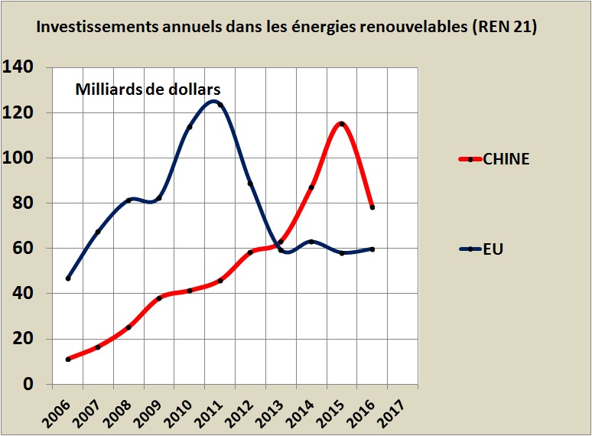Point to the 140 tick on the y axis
(18, 67)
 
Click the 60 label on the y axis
(24, 249)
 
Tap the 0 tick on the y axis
(29, 384)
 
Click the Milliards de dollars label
(148, 89)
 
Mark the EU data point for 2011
(220, 105)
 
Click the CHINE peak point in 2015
(342, 124)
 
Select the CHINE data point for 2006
(68, 359)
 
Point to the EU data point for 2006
(68, 278)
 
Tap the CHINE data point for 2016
(372, 207)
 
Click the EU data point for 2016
(372, 249)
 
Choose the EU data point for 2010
(190, 127)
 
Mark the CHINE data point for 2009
(159, 298)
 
